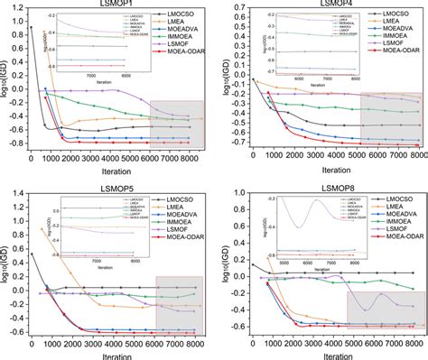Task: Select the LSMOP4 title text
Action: pos(326,5)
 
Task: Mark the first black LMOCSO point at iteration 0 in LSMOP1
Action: pos(32,28)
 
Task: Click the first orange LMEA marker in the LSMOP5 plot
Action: pos(42,230)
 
